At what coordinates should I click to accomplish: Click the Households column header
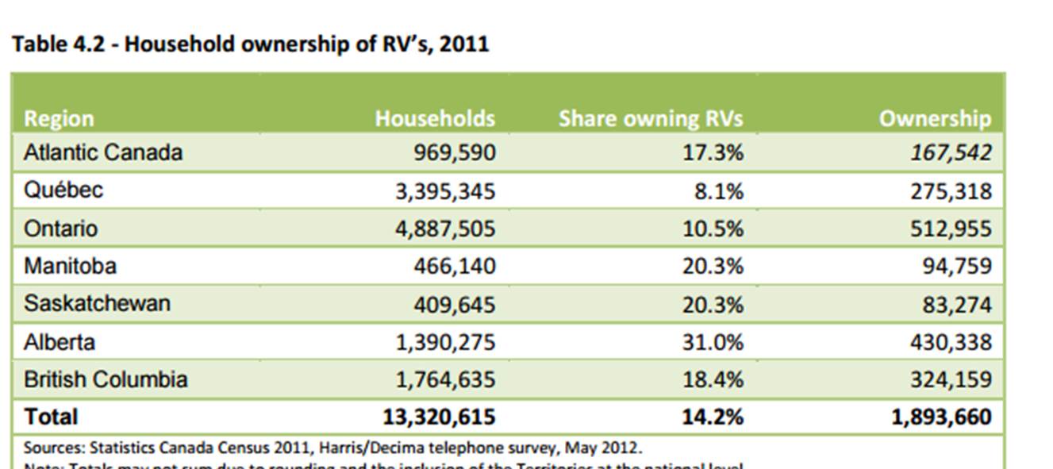(435, 118)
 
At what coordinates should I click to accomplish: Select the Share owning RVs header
(651, 118)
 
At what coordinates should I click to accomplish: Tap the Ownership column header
(935, 118)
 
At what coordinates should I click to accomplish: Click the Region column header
(59, 118)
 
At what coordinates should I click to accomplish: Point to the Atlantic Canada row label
(103, 152)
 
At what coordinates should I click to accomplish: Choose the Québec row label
(63, 190)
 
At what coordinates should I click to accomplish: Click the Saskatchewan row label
(97, 303)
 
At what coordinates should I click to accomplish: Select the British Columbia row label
(106, 379)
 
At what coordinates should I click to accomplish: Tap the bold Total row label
(51, 417)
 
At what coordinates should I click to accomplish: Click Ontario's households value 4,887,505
(445, 229)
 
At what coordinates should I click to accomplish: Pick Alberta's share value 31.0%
(713, 342)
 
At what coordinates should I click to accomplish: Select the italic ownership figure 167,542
(951, 152)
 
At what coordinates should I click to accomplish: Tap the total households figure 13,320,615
(439, 417)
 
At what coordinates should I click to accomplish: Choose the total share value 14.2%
(713, 417)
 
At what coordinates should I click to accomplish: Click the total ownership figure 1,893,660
(941, 417)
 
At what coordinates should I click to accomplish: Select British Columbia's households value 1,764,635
(445, 379)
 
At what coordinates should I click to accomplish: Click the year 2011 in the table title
(464, 44)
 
